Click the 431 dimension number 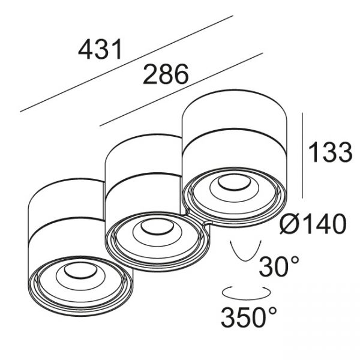(100, 49)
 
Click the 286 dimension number (166, 74)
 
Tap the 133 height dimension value (331, 152)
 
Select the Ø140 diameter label (313, 223)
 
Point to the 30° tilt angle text (279, 266)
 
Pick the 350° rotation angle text (249, 317)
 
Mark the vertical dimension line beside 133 (302, 155)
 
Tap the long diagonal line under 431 (127, 64)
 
